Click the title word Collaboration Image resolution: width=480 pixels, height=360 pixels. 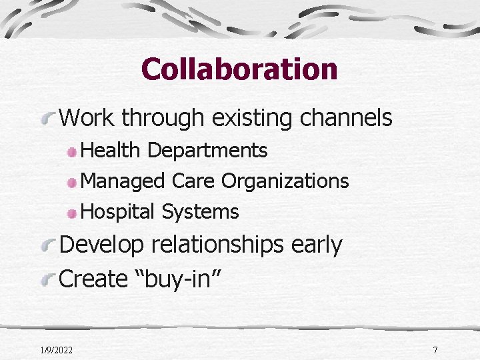point(239,69)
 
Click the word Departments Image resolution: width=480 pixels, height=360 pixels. point(208,151)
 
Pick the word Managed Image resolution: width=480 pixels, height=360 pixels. point(123,181)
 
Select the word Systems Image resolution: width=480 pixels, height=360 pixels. point(200,212)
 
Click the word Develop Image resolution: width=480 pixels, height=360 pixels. point(101,245)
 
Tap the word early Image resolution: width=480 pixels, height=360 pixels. point(316,245)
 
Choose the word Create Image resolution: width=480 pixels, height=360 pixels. point(93,279)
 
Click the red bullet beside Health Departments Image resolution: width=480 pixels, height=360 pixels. point(71,152)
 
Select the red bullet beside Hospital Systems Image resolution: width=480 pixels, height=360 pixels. point(71,213)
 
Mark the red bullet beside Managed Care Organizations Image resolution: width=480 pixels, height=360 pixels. point(71,182)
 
